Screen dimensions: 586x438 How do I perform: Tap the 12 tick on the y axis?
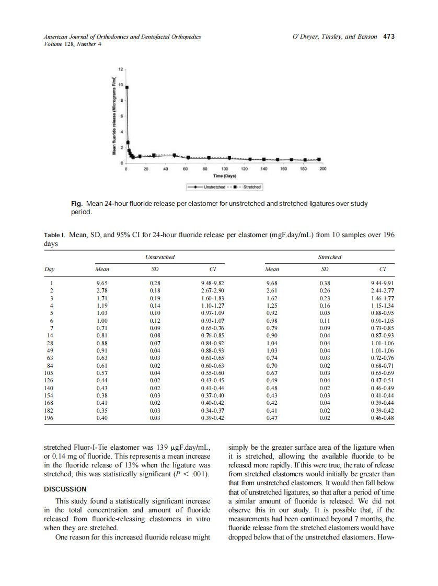click(x=120, y=69)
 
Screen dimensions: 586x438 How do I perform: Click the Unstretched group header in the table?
click(x=159, y=257)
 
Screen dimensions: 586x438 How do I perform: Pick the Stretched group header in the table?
click(x=330, y=257)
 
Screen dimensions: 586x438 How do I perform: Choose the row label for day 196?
click(x=50, y=418)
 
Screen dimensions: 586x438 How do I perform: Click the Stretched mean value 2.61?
click(x=272, y=290)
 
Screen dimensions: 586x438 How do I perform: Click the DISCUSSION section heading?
click(x=65, y=489)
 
